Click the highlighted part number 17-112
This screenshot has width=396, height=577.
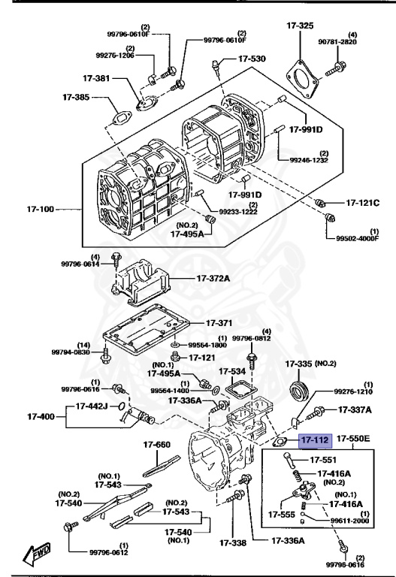click(315, 440)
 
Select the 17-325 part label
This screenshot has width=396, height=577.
click(301, 26)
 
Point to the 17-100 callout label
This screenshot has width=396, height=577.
click(41, 210)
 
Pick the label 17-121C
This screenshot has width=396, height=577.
click(363, 203)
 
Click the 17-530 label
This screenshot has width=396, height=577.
click(252, 59)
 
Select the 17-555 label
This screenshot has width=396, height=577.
click(281, 515)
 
